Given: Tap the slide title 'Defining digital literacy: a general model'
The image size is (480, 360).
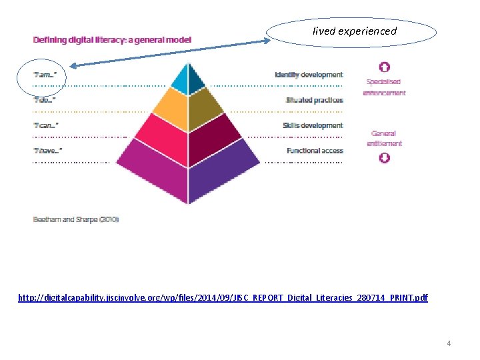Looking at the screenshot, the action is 112,39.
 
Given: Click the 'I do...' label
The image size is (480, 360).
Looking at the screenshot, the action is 45,100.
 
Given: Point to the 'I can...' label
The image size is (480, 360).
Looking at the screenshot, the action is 45,125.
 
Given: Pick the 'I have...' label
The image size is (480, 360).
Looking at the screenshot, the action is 47,151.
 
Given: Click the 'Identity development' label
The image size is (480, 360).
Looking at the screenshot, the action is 309,75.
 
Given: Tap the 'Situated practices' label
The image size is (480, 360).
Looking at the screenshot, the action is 315,100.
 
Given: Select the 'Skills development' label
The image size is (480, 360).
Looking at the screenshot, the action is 313,125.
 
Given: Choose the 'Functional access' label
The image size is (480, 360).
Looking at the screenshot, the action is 315,151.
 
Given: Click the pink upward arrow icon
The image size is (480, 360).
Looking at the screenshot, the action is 384,67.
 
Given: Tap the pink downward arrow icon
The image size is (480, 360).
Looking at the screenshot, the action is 384,158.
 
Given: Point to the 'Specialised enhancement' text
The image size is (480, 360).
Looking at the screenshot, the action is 384,87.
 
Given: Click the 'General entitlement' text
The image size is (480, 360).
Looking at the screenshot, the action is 384,138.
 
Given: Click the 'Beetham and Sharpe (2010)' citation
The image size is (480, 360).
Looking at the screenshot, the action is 76,219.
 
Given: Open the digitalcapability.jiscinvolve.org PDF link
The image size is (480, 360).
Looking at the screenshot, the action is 223,297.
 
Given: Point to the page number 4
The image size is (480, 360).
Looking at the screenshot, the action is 449,343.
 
